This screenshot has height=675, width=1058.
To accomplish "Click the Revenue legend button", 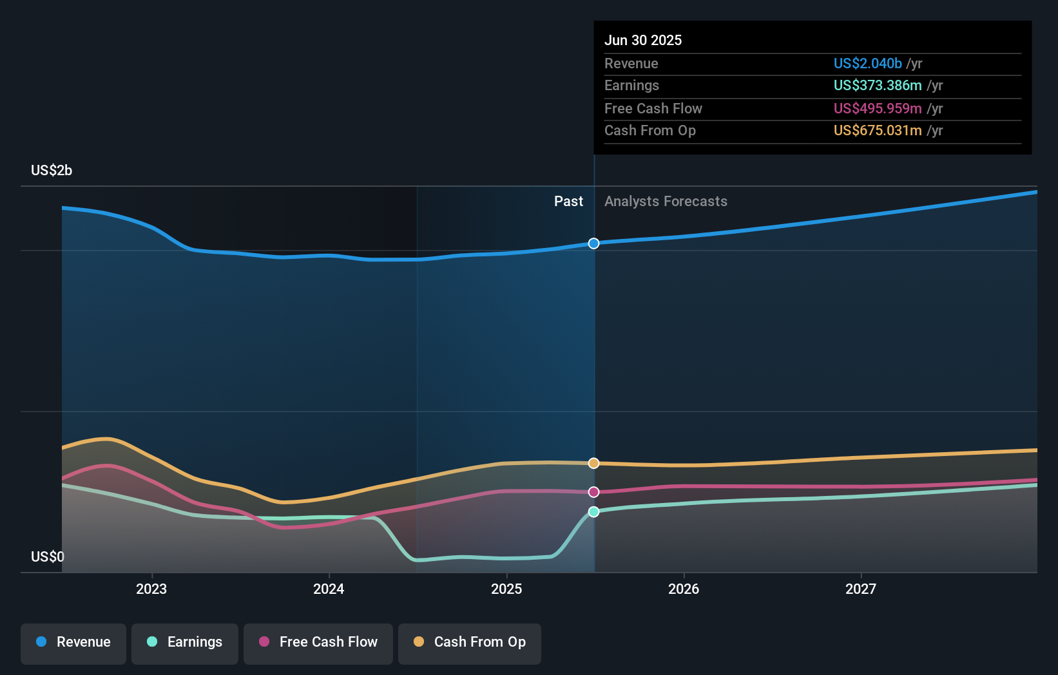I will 73,642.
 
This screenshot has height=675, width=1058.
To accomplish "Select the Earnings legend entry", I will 185,642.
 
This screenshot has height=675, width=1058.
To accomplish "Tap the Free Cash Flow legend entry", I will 318,642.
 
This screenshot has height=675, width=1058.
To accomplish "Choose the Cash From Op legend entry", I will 470,642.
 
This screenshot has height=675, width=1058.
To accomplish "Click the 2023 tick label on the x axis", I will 151,589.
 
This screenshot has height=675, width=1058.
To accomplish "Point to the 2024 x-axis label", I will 329,589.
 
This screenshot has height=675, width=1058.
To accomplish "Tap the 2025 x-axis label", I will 506,589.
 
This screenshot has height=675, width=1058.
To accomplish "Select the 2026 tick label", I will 684,589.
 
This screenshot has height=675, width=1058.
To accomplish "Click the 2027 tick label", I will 861,589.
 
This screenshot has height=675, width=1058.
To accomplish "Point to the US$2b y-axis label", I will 52,171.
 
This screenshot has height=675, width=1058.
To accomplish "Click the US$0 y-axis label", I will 48,556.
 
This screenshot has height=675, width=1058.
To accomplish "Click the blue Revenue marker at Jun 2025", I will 594,243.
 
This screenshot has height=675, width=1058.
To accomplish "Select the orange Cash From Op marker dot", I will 594,463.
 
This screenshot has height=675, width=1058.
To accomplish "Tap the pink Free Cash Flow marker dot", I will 594,492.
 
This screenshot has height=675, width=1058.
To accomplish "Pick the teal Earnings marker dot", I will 594,512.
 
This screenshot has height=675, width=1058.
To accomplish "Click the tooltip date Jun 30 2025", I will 643,40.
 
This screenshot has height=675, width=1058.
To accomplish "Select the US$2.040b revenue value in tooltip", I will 867,63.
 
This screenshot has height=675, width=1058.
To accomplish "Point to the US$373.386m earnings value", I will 878,86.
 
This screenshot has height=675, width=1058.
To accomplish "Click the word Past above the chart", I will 568,202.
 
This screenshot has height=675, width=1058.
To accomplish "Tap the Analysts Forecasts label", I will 666,202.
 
